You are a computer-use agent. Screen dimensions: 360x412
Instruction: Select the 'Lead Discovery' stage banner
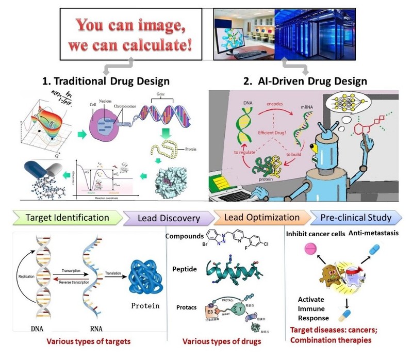(x=169, y=218)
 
